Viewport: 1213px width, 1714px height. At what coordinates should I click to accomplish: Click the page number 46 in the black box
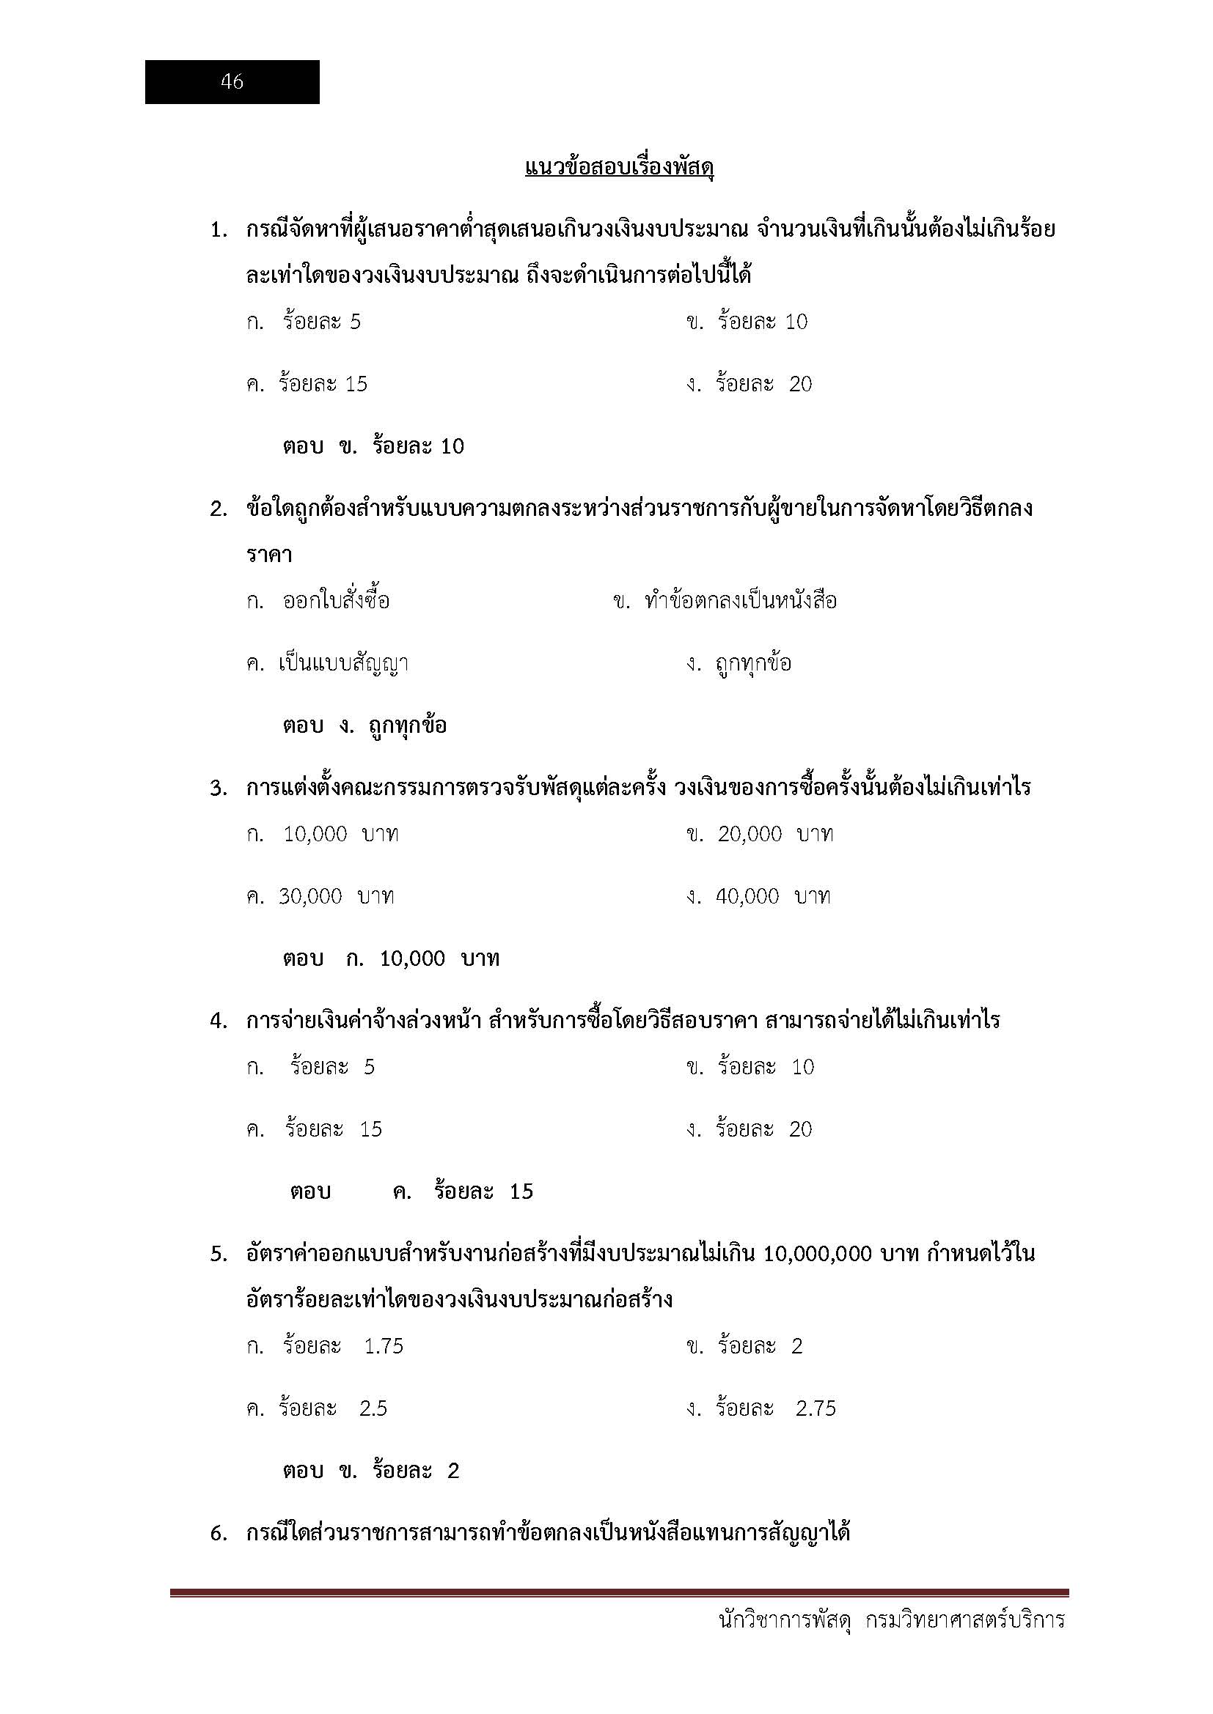tap(232, 81)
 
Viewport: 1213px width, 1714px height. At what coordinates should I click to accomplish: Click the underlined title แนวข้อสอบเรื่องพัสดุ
tap(619, 167)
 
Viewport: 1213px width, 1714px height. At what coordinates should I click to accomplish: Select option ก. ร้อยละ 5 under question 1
tap(304, 322)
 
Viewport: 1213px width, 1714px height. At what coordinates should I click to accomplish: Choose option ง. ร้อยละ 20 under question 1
tap(750, 384)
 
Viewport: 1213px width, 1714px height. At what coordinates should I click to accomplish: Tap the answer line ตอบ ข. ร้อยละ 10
tap(373, 446)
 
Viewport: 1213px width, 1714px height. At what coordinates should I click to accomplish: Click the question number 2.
tap(218, 510)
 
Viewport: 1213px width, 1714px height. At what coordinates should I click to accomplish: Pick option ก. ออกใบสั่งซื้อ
tap(318, 601)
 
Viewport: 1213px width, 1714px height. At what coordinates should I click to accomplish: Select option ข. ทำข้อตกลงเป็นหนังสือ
tap(725, 601)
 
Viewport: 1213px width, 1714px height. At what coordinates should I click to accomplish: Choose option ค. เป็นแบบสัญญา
tap(327, 663)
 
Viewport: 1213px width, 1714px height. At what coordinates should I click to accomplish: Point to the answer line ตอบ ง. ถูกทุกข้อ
tap(364, 725)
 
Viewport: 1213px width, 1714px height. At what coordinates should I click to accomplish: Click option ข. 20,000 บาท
tap(760, 834)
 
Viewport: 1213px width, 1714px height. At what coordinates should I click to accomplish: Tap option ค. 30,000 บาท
tap(320, 895)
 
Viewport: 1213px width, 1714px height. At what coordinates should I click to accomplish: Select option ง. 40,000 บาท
tap(758, 895)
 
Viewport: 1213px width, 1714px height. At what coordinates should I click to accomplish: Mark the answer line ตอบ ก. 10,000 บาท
tap(391, 958)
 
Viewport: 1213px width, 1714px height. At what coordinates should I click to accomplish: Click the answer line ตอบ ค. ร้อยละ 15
tap(411, 1192)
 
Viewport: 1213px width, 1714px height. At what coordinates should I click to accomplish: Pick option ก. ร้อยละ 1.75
tap(325, 1346)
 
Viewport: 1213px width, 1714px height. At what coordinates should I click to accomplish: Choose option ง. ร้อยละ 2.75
tap(761, 1408)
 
